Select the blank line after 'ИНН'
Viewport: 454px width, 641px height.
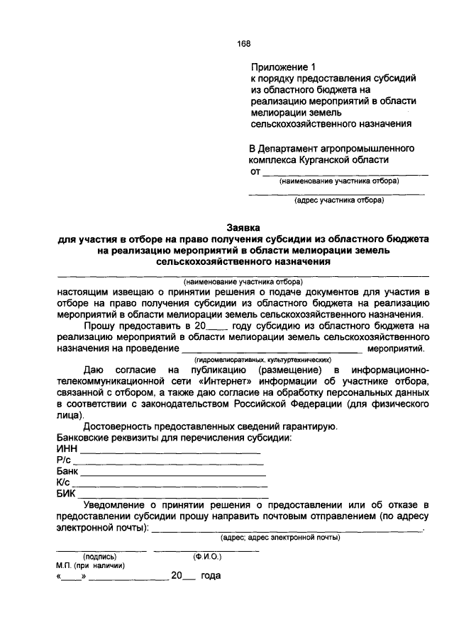(x=170, y=452)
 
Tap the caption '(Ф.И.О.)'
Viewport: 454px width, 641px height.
(x=207, y=557)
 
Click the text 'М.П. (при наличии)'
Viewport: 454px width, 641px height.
(x=91, y=566)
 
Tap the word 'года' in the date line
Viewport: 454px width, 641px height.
(x=210, y=576)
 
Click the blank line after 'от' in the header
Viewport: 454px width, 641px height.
(x=345, y=173)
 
